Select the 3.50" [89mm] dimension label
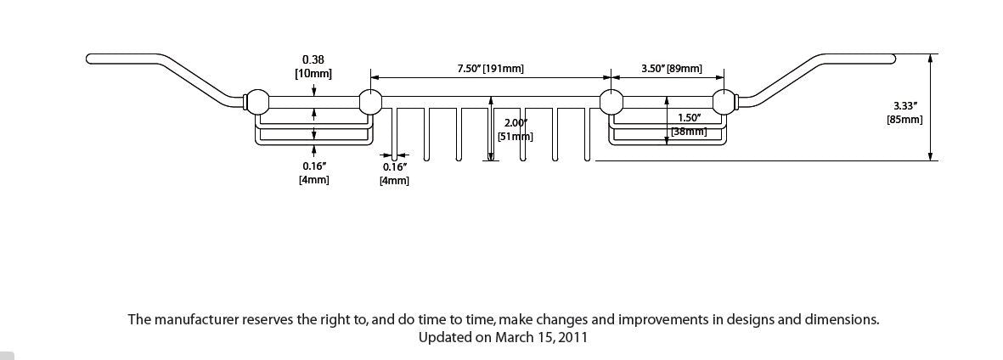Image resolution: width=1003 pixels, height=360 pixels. (x=671, y=68)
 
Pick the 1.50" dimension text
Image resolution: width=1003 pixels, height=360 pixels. (x=689, y=118)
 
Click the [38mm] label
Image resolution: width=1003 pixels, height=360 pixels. (x=689, y=132)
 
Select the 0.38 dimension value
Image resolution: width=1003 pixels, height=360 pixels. (x=313, y=59)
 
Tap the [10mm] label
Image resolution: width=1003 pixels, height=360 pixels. (x=313, y=74)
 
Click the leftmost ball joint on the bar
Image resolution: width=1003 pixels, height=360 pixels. (x=256, y=102)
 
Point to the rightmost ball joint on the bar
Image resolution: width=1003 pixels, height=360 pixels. (x=724, y=102)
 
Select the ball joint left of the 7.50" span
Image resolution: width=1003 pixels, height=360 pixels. (x=370, y=102)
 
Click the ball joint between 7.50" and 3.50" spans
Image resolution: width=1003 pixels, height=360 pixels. (x=611, y=102)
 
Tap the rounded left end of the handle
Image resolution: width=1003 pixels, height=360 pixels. (x=90, y=58)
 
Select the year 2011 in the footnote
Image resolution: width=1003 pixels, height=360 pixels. (x=571, y=337)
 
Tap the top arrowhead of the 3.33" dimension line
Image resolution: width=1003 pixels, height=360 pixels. (x=932, y=59)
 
